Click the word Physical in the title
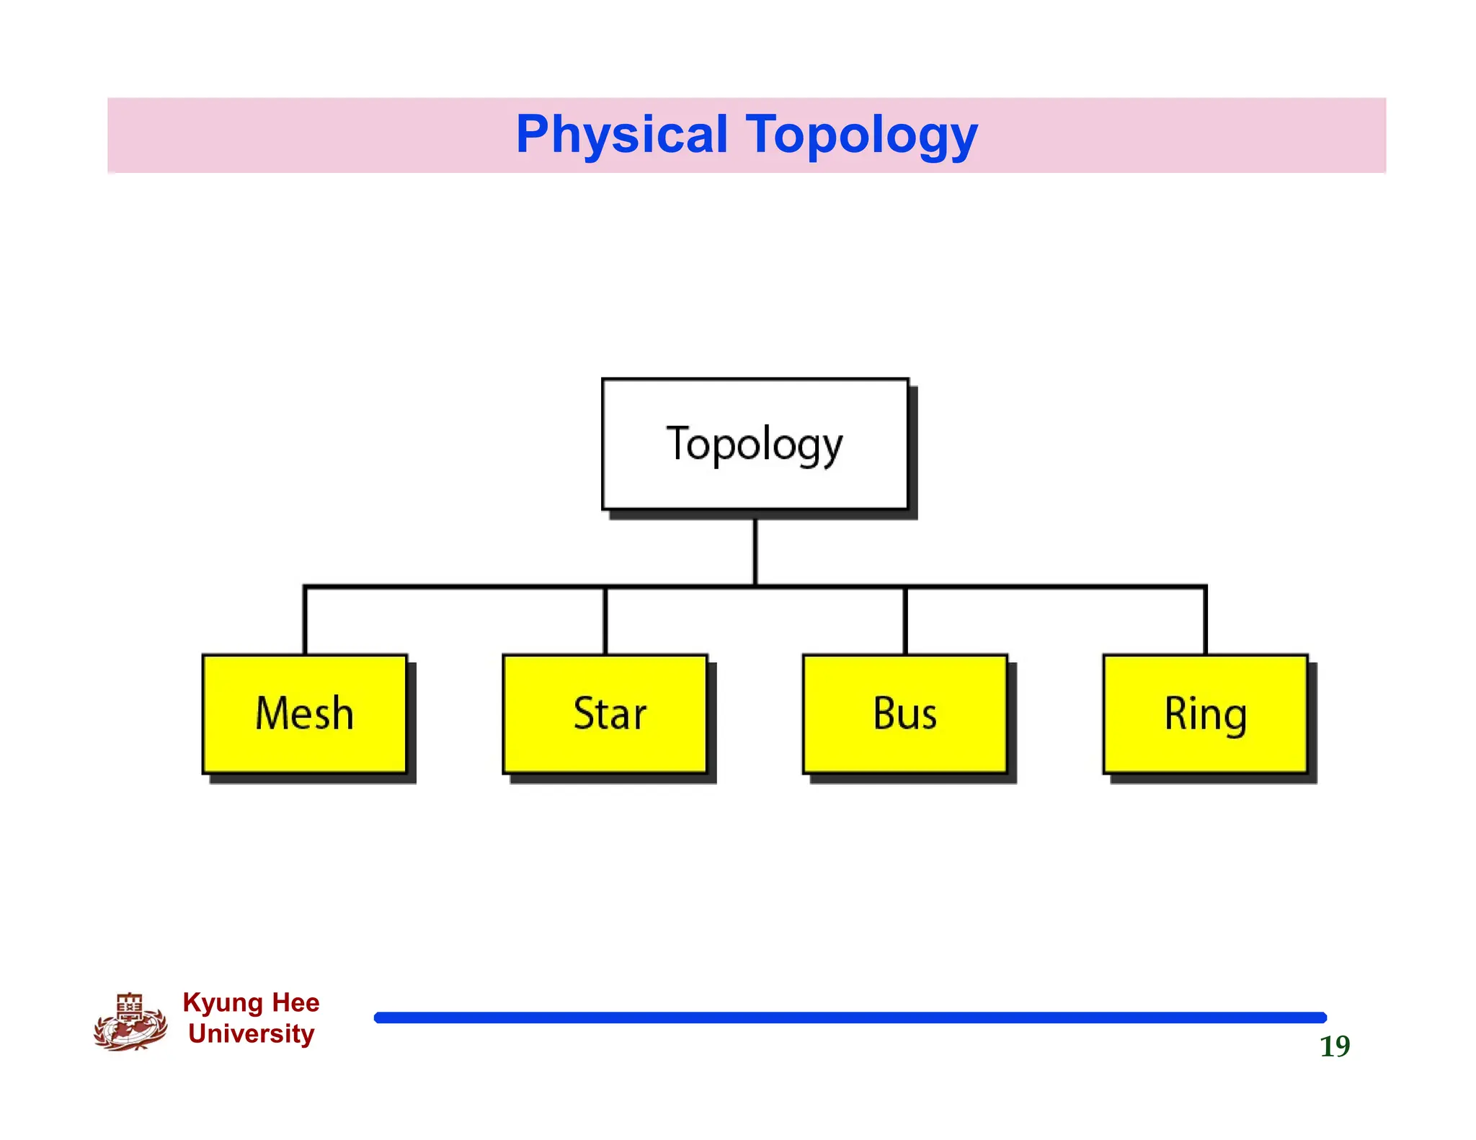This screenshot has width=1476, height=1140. (621, 135)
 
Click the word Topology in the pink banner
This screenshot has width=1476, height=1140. (861, 135)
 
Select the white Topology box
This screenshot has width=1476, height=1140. (755, 444)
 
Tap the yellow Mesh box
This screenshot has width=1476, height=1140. (304, 713)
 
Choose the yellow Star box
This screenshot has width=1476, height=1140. (605, 713)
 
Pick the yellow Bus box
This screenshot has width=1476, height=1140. (904, 713)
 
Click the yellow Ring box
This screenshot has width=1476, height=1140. (1205, 713)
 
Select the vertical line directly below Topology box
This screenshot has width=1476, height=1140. (755, 551)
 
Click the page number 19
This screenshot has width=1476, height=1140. (1334, 1046)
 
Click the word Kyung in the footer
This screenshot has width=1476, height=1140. (223, 1003)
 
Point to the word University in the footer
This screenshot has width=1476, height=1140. (251, 1033)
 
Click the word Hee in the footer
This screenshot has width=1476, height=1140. (295, 1002)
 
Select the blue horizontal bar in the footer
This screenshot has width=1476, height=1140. (850, 1017)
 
